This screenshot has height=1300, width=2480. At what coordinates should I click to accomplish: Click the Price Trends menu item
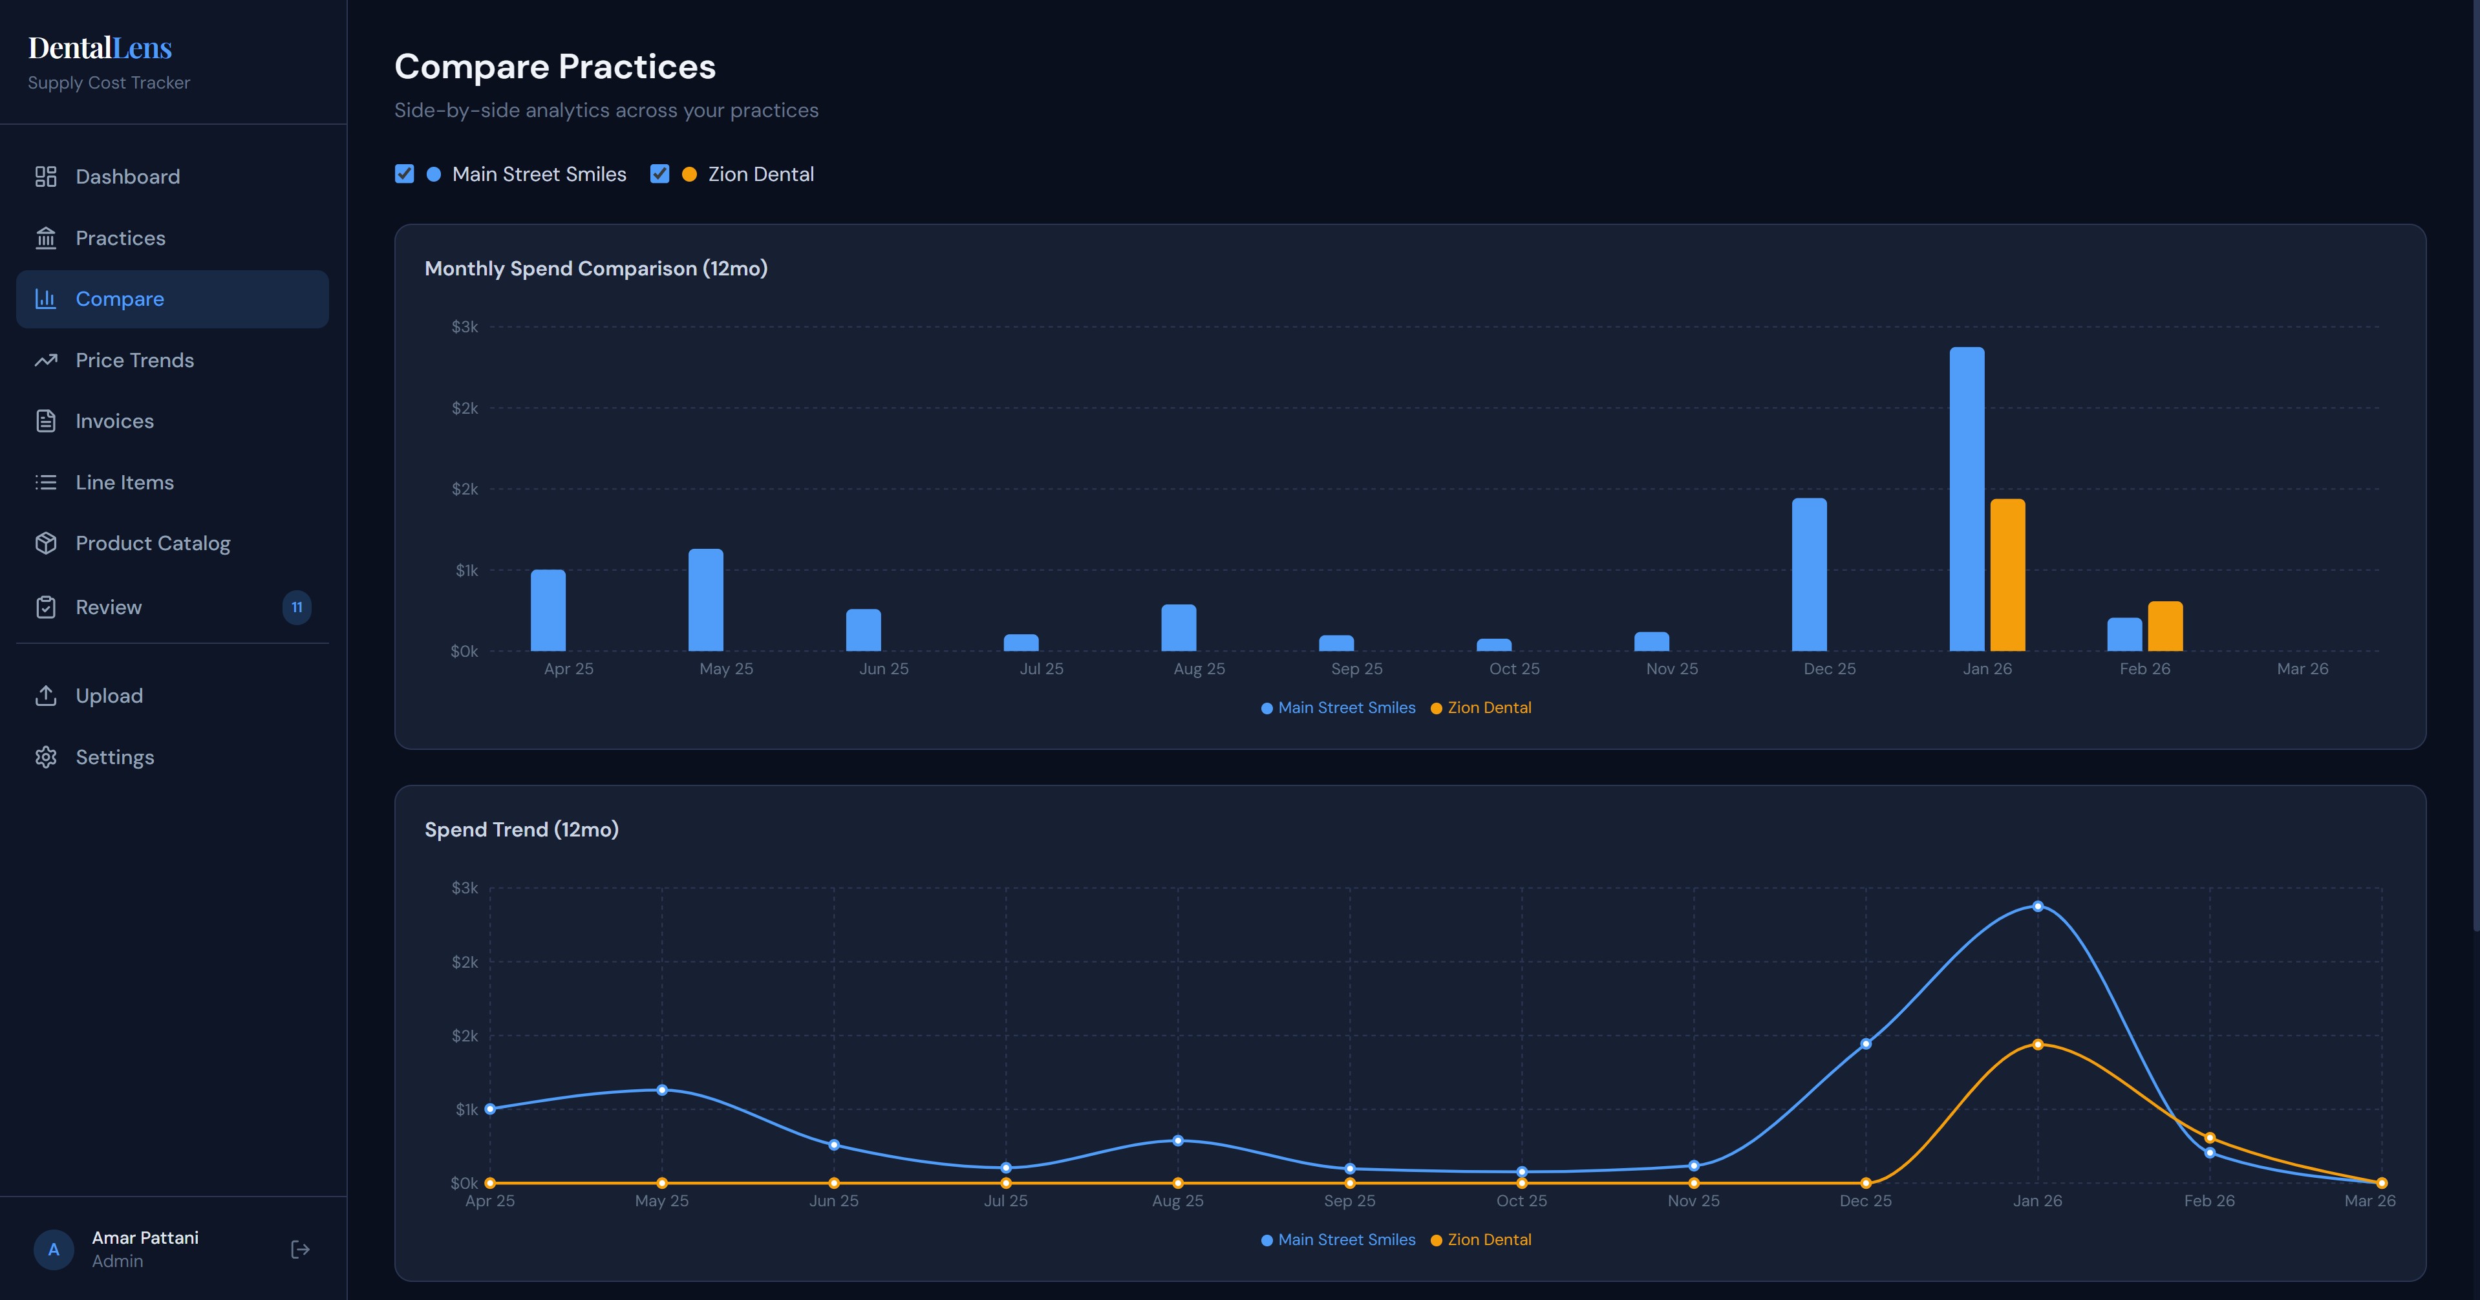134,360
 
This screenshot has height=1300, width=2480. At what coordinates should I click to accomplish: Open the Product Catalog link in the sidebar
152,543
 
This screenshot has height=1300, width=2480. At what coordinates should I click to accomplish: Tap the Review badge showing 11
297,608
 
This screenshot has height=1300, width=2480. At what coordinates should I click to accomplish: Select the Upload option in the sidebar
109,696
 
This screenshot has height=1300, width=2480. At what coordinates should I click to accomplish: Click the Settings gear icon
46,757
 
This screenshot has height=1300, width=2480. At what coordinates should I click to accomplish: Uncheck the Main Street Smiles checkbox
404,175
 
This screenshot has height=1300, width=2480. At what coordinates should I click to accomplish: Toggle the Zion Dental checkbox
659,175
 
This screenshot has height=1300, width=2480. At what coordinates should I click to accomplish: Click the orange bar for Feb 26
2165,627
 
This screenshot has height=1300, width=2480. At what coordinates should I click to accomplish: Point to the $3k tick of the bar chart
465,327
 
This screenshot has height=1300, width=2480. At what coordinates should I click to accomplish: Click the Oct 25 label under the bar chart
1514,668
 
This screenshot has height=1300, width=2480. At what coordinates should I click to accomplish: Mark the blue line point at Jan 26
2038,906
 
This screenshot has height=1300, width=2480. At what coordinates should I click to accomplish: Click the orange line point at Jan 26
2038,1045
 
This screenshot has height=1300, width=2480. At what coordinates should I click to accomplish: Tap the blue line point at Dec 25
1866,1044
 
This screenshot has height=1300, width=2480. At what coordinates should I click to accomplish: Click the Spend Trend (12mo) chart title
521,829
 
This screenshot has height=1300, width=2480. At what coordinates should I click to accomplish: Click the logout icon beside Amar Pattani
301,1249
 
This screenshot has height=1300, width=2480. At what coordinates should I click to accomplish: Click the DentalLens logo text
100,47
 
